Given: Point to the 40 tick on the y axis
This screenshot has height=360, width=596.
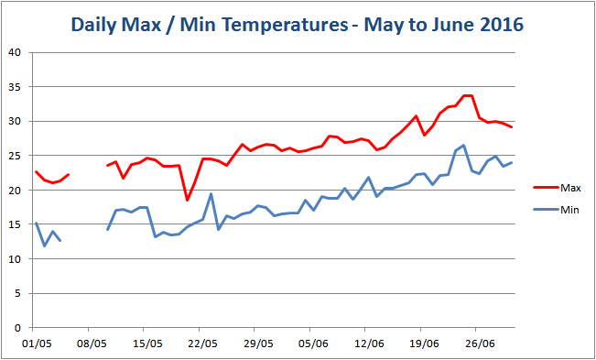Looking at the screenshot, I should click(16, 52).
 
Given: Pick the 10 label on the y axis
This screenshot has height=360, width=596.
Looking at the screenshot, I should click(16, 259).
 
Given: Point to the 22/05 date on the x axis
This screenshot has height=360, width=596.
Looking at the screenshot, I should click(202, 344).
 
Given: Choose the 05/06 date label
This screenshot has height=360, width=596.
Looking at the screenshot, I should click(313, 344).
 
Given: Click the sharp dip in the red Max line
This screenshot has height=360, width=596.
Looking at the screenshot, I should click(187, 200).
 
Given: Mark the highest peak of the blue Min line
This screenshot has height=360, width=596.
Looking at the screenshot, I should click(464, 145).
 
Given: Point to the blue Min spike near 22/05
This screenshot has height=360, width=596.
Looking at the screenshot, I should click(211, 194).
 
